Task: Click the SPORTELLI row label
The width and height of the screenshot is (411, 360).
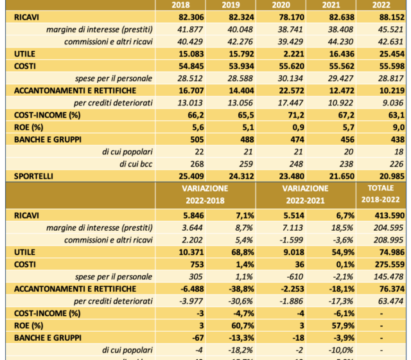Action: click(x=34, y=175)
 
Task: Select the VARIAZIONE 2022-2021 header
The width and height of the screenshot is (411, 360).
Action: click(x=305, y=194)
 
